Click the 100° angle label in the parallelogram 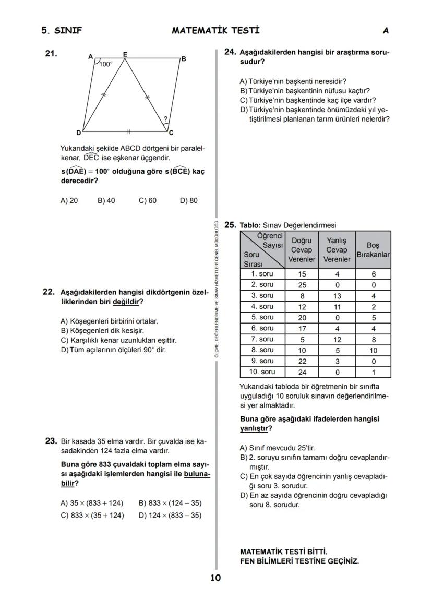[106, 64]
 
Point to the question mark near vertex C [165, 119]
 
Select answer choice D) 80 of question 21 [188, 200]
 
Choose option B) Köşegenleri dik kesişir [102, 330]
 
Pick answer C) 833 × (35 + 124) [92, 516]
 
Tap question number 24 [230, 52]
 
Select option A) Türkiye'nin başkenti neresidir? [293, 81]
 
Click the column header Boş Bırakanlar [373, 250]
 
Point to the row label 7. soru [262, 339]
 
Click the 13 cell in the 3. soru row [337, 296]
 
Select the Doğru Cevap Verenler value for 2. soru [302, 285]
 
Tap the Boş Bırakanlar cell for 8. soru [373, 350]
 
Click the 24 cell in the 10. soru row [302, 372]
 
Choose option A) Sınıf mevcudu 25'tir [277, 448]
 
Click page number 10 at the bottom [215, 578]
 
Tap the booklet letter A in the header [386, 31]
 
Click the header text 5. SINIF [62, 31]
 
